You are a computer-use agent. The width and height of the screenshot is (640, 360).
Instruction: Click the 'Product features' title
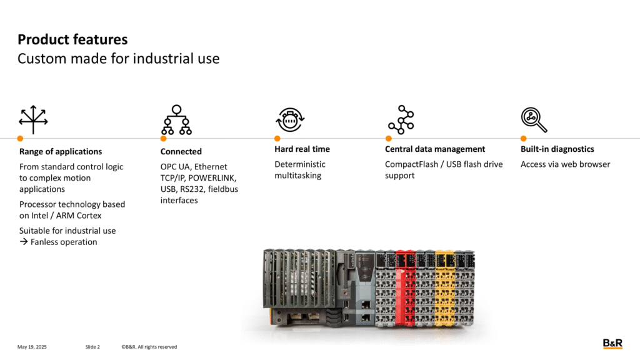(72, 39)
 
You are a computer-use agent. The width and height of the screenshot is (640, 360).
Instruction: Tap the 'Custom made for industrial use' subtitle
(118, 59)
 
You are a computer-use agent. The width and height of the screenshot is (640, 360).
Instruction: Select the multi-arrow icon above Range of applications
(33, 119)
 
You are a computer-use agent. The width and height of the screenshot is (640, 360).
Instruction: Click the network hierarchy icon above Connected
(176, 119)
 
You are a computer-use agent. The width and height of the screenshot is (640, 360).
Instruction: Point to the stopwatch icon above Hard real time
(290, 119)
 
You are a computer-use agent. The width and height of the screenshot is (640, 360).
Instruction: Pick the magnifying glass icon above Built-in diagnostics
(534, 120)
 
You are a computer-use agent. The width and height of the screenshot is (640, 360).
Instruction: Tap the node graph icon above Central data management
(401, 119)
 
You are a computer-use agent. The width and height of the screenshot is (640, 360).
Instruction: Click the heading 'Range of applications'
(61, 151)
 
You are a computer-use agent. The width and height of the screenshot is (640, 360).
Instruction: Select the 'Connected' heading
(181, 151)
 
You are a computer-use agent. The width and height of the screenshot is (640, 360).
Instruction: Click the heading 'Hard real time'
(302, 149)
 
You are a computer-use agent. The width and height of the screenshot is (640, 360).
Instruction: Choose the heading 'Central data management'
(435, 149)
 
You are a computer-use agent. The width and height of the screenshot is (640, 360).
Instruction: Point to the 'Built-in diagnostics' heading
(557, 149)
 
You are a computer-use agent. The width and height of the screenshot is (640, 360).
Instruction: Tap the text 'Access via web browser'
(565, 164)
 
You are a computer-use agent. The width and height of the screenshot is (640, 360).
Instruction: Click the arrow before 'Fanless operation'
(24, 242)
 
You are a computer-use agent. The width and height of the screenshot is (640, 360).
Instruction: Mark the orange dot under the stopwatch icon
(277, 138)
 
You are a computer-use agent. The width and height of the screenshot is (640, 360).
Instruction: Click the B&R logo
(612, 344)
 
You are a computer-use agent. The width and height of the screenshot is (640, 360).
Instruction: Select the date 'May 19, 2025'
(32, 347)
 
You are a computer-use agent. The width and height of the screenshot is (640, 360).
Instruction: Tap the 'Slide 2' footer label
(92, 347)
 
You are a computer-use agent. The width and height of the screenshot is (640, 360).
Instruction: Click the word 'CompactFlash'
(411, 164)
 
